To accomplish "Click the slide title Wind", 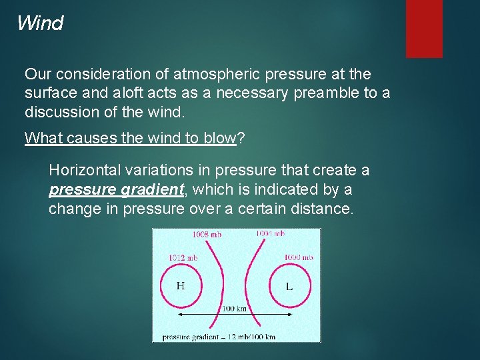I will [x=40, y=23].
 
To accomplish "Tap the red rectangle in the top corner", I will [x=424, y=28].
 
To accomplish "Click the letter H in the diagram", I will [x=180, y=286].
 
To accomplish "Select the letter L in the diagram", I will [x=289, y=287].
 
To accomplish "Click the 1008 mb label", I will [x=207, y=234].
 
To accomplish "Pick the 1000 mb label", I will [x=298, y=257].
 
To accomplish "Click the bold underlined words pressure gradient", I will [x=116, y=189].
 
